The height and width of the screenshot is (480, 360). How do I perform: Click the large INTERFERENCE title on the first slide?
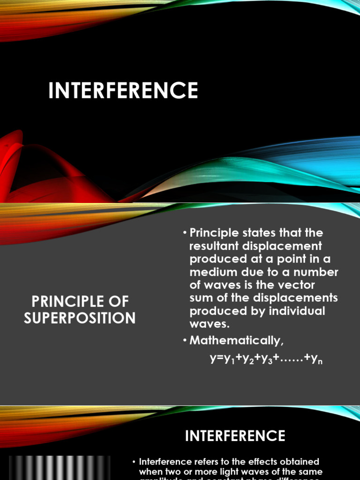click(x=123, y=90)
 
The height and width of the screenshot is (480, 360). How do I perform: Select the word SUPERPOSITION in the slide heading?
click(x=80, y=318)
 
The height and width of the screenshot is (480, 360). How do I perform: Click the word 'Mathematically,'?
click(x=237, y=341)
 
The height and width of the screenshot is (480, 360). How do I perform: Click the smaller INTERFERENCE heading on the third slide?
click(x=235, y=436)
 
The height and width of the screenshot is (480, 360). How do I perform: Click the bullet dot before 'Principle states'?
click(x=185, y=233)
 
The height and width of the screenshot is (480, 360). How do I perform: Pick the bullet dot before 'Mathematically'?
click(x=185, y=341)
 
